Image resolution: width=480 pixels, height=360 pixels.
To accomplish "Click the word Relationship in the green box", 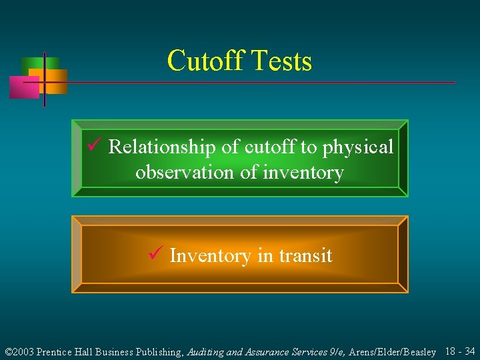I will [x=161, y=147].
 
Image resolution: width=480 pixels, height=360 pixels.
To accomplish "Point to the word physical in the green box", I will [x=358, y=147].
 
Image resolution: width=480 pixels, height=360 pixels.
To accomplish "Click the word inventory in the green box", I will [x=303, y=173].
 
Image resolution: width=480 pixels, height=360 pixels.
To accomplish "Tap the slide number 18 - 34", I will [x=460, y=351].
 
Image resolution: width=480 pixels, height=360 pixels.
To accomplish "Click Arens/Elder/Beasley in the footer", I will [x=393, y=351].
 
